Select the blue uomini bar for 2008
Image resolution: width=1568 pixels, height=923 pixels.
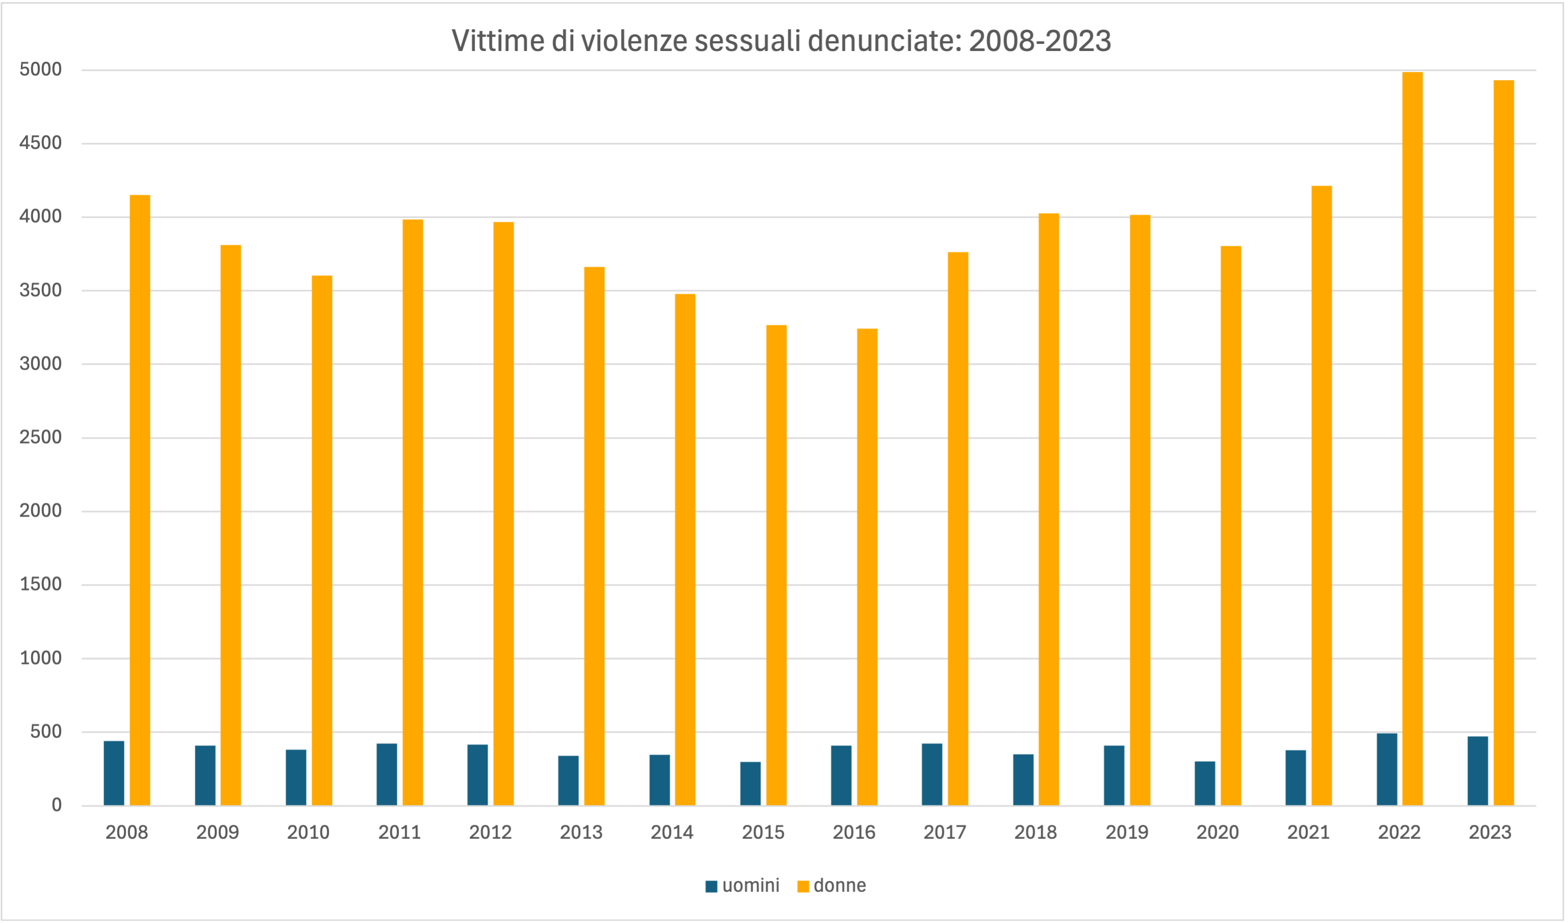tap(114, 773)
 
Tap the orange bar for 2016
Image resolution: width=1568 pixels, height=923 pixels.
tap(867, 567)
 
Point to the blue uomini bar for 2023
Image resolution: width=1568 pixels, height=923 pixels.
tap(1478, 771)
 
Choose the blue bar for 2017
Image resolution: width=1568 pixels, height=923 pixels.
tap(932, 774)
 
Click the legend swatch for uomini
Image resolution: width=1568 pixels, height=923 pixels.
tap(711, 886)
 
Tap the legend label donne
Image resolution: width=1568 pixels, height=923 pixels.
tap(839, 886)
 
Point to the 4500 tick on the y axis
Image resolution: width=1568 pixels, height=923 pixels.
tap(40, 143)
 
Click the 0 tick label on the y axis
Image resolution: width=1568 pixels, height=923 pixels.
tap(57, 805)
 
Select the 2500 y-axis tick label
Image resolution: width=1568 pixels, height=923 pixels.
tap(40, 438)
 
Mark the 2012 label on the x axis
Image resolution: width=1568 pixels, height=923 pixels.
tap(491, 833)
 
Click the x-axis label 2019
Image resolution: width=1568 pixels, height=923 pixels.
tap(1127, 833)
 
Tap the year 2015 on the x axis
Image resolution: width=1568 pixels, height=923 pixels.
tap(763, 833)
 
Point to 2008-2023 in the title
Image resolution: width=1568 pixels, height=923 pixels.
tap(1040, 41)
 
